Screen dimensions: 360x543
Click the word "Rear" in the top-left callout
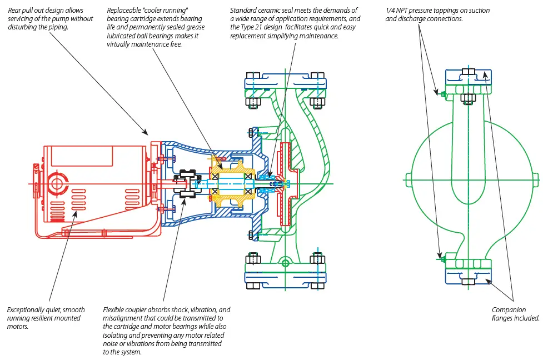click(15, 11)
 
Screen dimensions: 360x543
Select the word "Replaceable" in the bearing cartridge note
click(124, 11)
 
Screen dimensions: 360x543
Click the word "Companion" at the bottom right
click(509, 310)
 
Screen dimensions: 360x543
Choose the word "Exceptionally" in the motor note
click(26, 310)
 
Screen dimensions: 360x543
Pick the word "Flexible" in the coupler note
click(115, 310)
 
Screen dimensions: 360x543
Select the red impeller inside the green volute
click(287, 183)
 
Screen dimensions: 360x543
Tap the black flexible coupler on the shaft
click(188, 183)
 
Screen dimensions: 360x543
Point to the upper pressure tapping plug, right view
click(442, 94)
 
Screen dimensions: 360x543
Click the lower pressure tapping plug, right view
click(442, 259)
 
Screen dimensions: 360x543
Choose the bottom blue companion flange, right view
click(468, 277)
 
